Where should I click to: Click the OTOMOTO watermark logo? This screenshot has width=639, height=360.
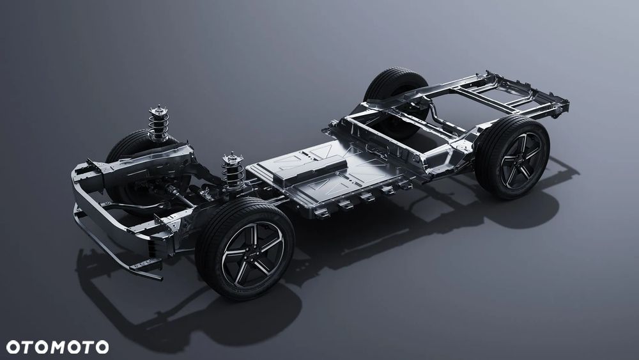(58, 347)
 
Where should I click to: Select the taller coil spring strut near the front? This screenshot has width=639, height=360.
(158, 124)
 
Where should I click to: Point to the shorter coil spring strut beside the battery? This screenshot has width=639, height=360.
(233, 171)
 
